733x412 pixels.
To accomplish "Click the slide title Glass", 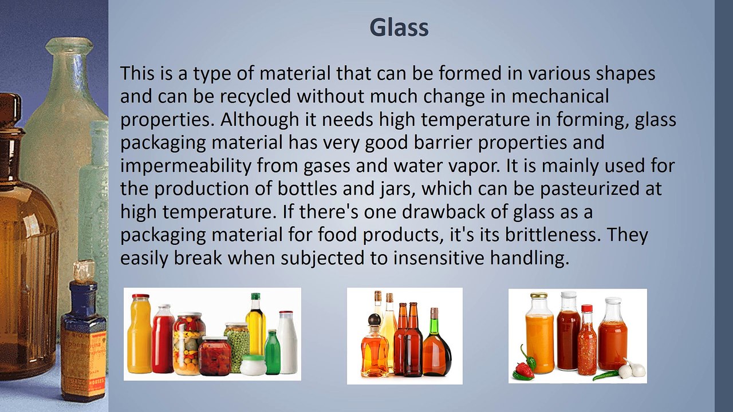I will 399,27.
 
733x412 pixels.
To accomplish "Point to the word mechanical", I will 560,97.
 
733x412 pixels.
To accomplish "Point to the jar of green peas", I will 236,346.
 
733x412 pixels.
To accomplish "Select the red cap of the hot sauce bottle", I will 586,308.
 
